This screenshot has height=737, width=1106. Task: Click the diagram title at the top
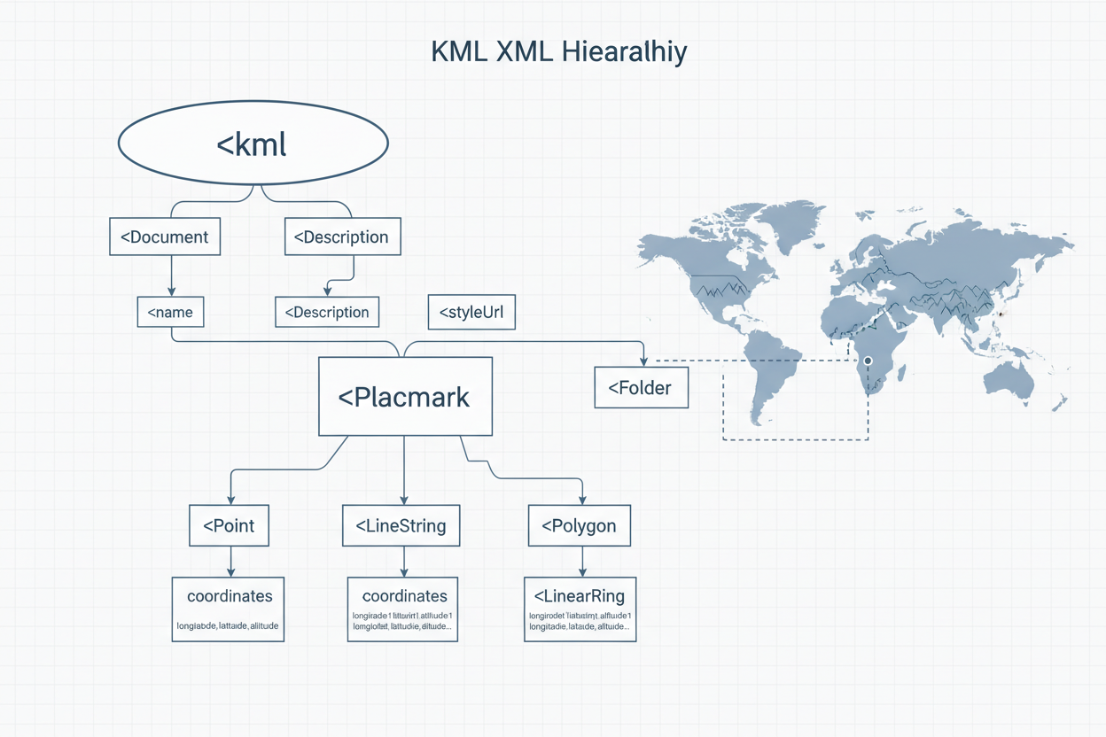pyautogui.click(x=558, y=52)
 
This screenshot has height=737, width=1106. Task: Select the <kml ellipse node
pyautogui.click(x=253, y=144)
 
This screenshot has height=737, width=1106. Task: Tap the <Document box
pyautogui.click(x=165, y=237)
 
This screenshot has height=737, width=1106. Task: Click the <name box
pyautogui.click(x=171, y=312)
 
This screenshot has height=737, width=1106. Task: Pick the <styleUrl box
pyautogui.click(x=471, y=312)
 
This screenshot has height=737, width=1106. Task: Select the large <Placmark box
pyautogui.click(x=405, y=397)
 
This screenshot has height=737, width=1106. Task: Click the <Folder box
pyautogui.click(x=641, y=388)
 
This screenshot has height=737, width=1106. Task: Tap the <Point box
pyautogui.click(x=229, y=526)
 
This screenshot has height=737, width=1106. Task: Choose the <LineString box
pyautogui.click(x=401, y=526)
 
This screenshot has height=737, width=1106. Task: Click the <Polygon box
pyautogui.click(x=579, y=526)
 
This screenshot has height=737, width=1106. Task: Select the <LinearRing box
pyautogui.click(x=580, y=609)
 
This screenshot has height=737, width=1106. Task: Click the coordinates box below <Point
pyautogui.click(x=229, y=609)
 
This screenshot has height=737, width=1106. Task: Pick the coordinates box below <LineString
pyautogui.click(x=403, y=609)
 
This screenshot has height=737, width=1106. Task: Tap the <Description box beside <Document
pyautogui.click(x=342, y=237)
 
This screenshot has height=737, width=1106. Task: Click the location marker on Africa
pyautogui.click(x=868, y=361)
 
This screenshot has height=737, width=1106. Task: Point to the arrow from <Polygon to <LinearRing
pyautogui.click(x=582, y=561)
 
